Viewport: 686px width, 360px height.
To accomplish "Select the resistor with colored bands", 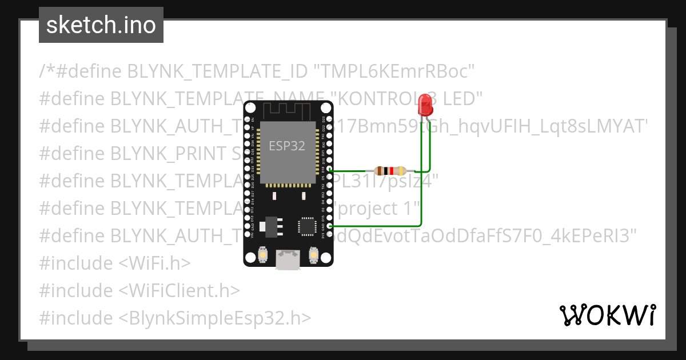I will pyautogui.click(x=390, y=170).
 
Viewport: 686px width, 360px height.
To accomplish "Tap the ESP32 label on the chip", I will pyautogui.click(x=287, y=145).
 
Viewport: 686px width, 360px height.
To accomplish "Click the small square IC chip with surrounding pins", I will pyautogui.click(x=306, y=226).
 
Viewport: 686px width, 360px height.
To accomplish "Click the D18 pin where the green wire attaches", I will pyautogui.click(x=329, y=170).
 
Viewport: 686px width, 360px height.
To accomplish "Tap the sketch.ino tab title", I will pyautogui.click(x=101, y=25).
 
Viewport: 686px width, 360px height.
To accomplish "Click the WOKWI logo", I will pyautogui.click(x=608, y=315).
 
